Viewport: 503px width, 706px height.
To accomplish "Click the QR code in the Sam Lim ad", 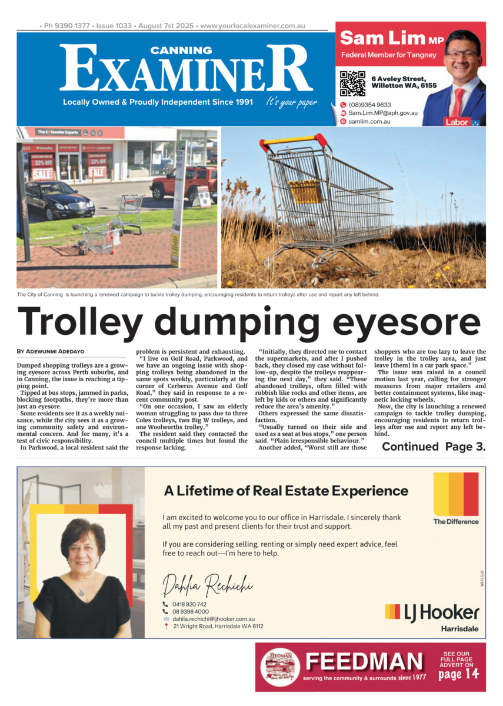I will click(352, 84).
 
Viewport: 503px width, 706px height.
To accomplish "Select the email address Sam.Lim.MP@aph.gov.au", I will click(382, 113).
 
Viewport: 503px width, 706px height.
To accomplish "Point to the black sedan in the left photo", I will click(59, 200).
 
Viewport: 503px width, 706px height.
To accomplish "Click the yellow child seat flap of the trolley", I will click(305, 191).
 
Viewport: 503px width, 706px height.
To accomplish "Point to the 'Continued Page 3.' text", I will click(434, 447).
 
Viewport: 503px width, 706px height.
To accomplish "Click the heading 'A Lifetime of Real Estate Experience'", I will click(285, 491).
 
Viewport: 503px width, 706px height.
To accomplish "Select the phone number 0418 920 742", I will click(189, 605).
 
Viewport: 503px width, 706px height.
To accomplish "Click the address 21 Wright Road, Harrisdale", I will click(218, 627).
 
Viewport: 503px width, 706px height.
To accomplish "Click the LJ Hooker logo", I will click(432, 612).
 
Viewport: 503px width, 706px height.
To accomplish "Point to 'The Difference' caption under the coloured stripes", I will click(455, 521).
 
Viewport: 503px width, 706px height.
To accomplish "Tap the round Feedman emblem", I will click(280, 667).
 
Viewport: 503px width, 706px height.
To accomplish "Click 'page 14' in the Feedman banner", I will click(458, 674).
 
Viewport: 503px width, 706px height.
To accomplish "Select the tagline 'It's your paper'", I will click(291, 102).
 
